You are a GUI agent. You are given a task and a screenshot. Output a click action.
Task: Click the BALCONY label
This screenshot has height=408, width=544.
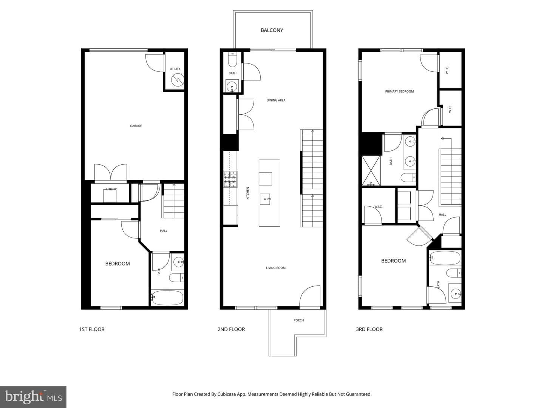tap(272, 30)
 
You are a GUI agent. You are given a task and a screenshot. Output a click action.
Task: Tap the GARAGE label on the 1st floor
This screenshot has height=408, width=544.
tap(136, 126)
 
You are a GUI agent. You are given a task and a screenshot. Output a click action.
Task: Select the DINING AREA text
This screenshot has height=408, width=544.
tap(276, 100)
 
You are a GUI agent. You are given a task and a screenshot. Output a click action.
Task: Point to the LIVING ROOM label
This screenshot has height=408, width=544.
tap(276, 268)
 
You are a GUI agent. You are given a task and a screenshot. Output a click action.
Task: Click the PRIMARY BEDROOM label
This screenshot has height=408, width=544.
tap(399, 91)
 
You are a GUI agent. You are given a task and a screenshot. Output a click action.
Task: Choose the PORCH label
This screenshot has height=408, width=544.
tap(299, 320)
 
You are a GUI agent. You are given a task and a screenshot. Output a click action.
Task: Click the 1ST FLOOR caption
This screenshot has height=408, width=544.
tap(92, 329)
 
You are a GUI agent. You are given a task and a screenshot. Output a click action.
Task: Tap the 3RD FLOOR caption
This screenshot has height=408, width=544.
tap(369, 329)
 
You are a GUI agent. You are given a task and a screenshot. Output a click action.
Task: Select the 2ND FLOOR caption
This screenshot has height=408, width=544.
tap(231, 329)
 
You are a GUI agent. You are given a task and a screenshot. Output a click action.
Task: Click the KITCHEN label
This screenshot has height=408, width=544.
tap(247, 193)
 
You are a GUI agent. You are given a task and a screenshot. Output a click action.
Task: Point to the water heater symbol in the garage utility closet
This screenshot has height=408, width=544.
tap(178, 79)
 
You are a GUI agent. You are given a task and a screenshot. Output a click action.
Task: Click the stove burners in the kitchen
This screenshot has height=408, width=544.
tap(230, 179)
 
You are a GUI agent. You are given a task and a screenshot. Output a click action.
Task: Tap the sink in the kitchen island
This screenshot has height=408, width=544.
tap(266, 199)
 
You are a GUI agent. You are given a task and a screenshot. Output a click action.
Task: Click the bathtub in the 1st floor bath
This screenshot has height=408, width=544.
tap(167, 298)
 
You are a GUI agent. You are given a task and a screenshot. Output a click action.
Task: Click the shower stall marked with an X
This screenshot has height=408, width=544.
tap(371, 171)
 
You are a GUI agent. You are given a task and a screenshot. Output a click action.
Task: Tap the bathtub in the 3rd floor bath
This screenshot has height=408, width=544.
tap(445, 258)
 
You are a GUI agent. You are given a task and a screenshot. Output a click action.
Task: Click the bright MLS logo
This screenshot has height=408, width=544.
tap(33, 397)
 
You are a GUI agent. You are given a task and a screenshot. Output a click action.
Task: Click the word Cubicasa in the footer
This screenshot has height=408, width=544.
tap(227, 394)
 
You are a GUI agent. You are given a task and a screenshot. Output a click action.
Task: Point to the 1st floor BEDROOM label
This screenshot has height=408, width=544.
tap(117, 264)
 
